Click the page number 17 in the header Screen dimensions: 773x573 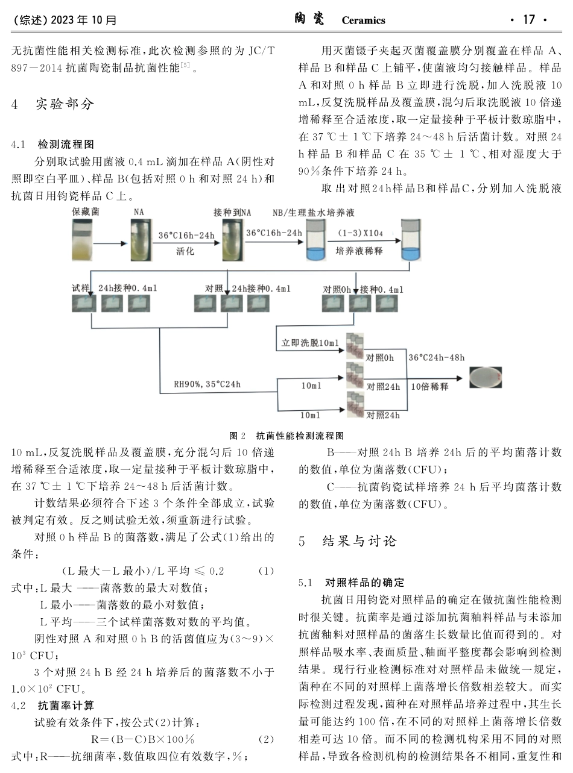pos(528,20)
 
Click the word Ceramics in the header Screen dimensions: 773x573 pos(363,20)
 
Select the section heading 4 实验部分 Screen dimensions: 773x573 pos(53,104)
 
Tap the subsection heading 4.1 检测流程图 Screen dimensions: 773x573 pos(53,145)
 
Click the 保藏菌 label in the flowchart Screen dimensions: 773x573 pos(84,212)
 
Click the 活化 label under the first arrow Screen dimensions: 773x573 pos(185,251)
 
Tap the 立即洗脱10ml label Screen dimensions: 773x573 pos(310,343)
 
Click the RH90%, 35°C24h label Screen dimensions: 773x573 pos(207,383)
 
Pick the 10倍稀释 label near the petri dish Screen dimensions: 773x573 pos(429,386)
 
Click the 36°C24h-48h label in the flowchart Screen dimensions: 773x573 pos(436,358)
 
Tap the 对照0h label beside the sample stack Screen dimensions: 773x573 pos(380,358)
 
